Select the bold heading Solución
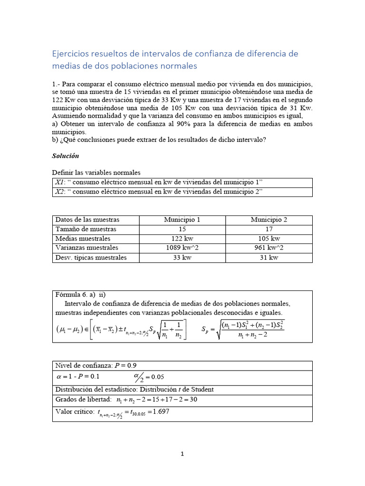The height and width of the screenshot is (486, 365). point(65,156)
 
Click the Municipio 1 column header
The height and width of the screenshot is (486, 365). point(182,220)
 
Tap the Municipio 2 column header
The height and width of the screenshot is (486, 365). point(269,220)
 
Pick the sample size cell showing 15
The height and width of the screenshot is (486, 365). point(182,229)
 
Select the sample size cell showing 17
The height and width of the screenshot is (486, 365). point(269,229)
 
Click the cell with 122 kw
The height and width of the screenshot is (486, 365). point(182,239)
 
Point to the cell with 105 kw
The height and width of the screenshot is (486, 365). point(269,239)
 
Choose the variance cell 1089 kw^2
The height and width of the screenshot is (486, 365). point(182,248)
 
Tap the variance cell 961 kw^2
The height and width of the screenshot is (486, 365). point(269,248)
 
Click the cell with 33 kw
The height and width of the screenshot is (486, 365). point(182,258)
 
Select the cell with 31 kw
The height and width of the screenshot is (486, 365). point(269,258)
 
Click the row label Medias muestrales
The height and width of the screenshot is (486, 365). point(83,239)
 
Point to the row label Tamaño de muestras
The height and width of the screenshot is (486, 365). point(86,229)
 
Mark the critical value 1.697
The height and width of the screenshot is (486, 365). point(160,411)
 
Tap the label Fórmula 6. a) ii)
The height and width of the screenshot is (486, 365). point(80,295)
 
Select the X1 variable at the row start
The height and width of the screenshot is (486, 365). point(59,183)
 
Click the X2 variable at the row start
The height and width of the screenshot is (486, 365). point(59,192)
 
